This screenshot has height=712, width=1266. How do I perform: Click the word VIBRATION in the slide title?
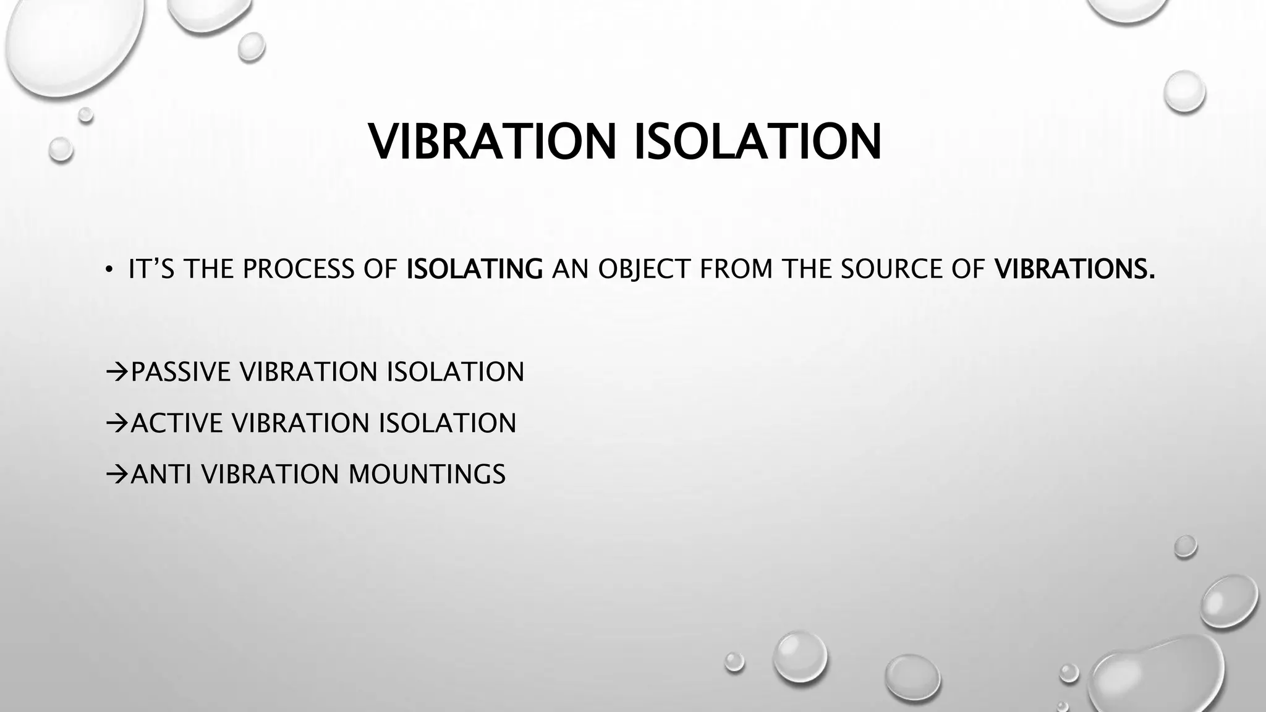tap(492, 142)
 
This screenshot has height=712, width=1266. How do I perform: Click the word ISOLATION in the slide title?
tap(758, 142)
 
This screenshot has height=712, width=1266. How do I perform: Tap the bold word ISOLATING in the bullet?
tap(475, 269)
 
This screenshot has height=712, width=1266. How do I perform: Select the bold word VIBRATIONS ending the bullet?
tap(1074, 269)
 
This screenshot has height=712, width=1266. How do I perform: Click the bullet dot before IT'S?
tap(109, 269)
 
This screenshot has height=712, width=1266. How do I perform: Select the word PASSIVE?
tap(181, 372)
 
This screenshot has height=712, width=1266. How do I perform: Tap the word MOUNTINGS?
tap(427, 475)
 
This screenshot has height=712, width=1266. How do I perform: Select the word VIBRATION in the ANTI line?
tap(270, 475)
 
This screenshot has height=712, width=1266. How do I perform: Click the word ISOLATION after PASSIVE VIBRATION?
tap(455, 372)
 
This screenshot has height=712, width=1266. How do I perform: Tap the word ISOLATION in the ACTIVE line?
tap(447, 423)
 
